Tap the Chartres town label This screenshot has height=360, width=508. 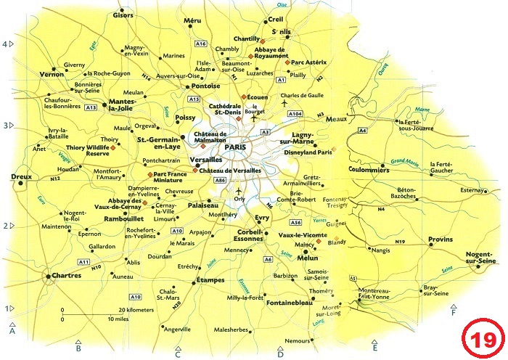(x=67, y=276)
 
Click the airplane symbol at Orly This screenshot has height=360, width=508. (x=239, y=191)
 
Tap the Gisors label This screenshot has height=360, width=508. (x=123, y=15)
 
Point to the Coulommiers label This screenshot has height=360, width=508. (x=369, y=171)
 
